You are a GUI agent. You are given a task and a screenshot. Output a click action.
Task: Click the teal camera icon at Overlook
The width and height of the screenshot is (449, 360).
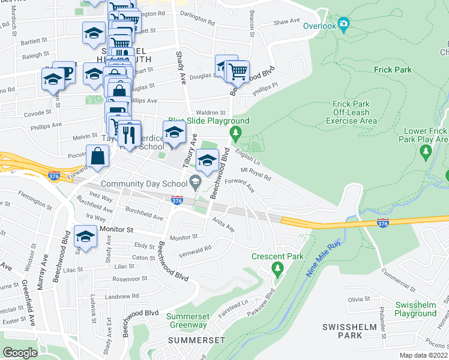coord(343,25)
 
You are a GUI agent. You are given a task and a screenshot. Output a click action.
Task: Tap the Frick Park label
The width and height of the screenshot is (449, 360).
coord(393,70)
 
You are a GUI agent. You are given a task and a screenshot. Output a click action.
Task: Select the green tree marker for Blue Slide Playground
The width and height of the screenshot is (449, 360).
coord(237,131)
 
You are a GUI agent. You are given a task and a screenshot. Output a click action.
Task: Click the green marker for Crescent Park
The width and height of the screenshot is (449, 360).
coord(277,269)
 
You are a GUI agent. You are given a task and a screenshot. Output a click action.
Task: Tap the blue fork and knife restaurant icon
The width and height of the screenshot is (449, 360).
coord(128,132)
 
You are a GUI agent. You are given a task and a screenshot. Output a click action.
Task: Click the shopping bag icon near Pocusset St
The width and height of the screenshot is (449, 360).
coord(97,157)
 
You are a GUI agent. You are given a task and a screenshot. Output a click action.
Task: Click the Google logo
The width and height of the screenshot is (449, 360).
coord(20,353)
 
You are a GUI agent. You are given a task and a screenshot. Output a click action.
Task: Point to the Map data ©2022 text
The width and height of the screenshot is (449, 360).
coord(423,355)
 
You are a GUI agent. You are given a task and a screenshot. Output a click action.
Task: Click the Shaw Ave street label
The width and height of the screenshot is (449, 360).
coord(286,21)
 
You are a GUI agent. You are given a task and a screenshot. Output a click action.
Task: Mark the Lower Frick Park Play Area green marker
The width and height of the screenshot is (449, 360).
coord(426,152)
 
